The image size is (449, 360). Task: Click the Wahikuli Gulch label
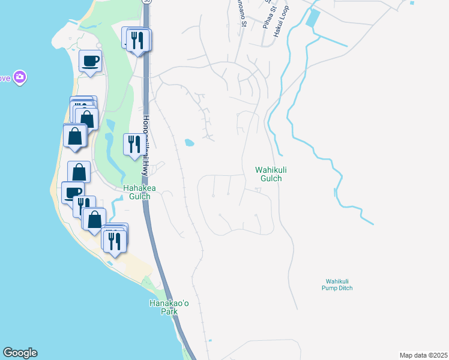[268, 174]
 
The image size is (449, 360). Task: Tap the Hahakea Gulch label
[139, 192]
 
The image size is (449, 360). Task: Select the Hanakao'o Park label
[169, 307]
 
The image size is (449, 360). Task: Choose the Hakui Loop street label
[278, 24]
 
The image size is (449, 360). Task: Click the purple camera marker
[19, 77]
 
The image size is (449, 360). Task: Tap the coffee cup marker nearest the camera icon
[90, 61]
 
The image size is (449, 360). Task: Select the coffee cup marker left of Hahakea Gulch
[73, 192]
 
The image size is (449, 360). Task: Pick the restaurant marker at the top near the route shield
[139, 40]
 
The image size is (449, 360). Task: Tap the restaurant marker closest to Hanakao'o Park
[114, 241]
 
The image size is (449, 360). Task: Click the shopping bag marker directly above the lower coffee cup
[79, 172]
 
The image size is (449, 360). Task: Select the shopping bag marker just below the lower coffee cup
[94, 219]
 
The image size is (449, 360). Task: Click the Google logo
[20, 353]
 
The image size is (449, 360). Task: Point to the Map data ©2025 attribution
[423, 355]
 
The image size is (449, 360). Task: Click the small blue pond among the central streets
[189, 143]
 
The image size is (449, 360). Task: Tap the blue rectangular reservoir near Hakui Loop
[313, 19]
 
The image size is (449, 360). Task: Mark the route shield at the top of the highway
[146, 2]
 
